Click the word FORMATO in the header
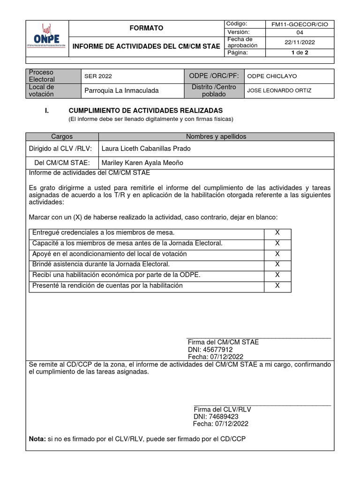[146, 29]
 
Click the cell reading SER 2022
[98, 76]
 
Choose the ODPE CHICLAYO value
[272, 76]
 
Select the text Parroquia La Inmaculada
[121, 90]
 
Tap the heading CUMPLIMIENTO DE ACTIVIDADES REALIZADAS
[145, 111]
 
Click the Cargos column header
[61, 136]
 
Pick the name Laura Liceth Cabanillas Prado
[146, 149]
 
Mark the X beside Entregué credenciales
[277, 233]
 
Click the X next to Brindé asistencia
[277, 264]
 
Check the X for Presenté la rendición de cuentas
[277, 285]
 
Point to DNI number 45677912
[210, 350]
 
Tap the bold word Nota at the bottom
[37, 439]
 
